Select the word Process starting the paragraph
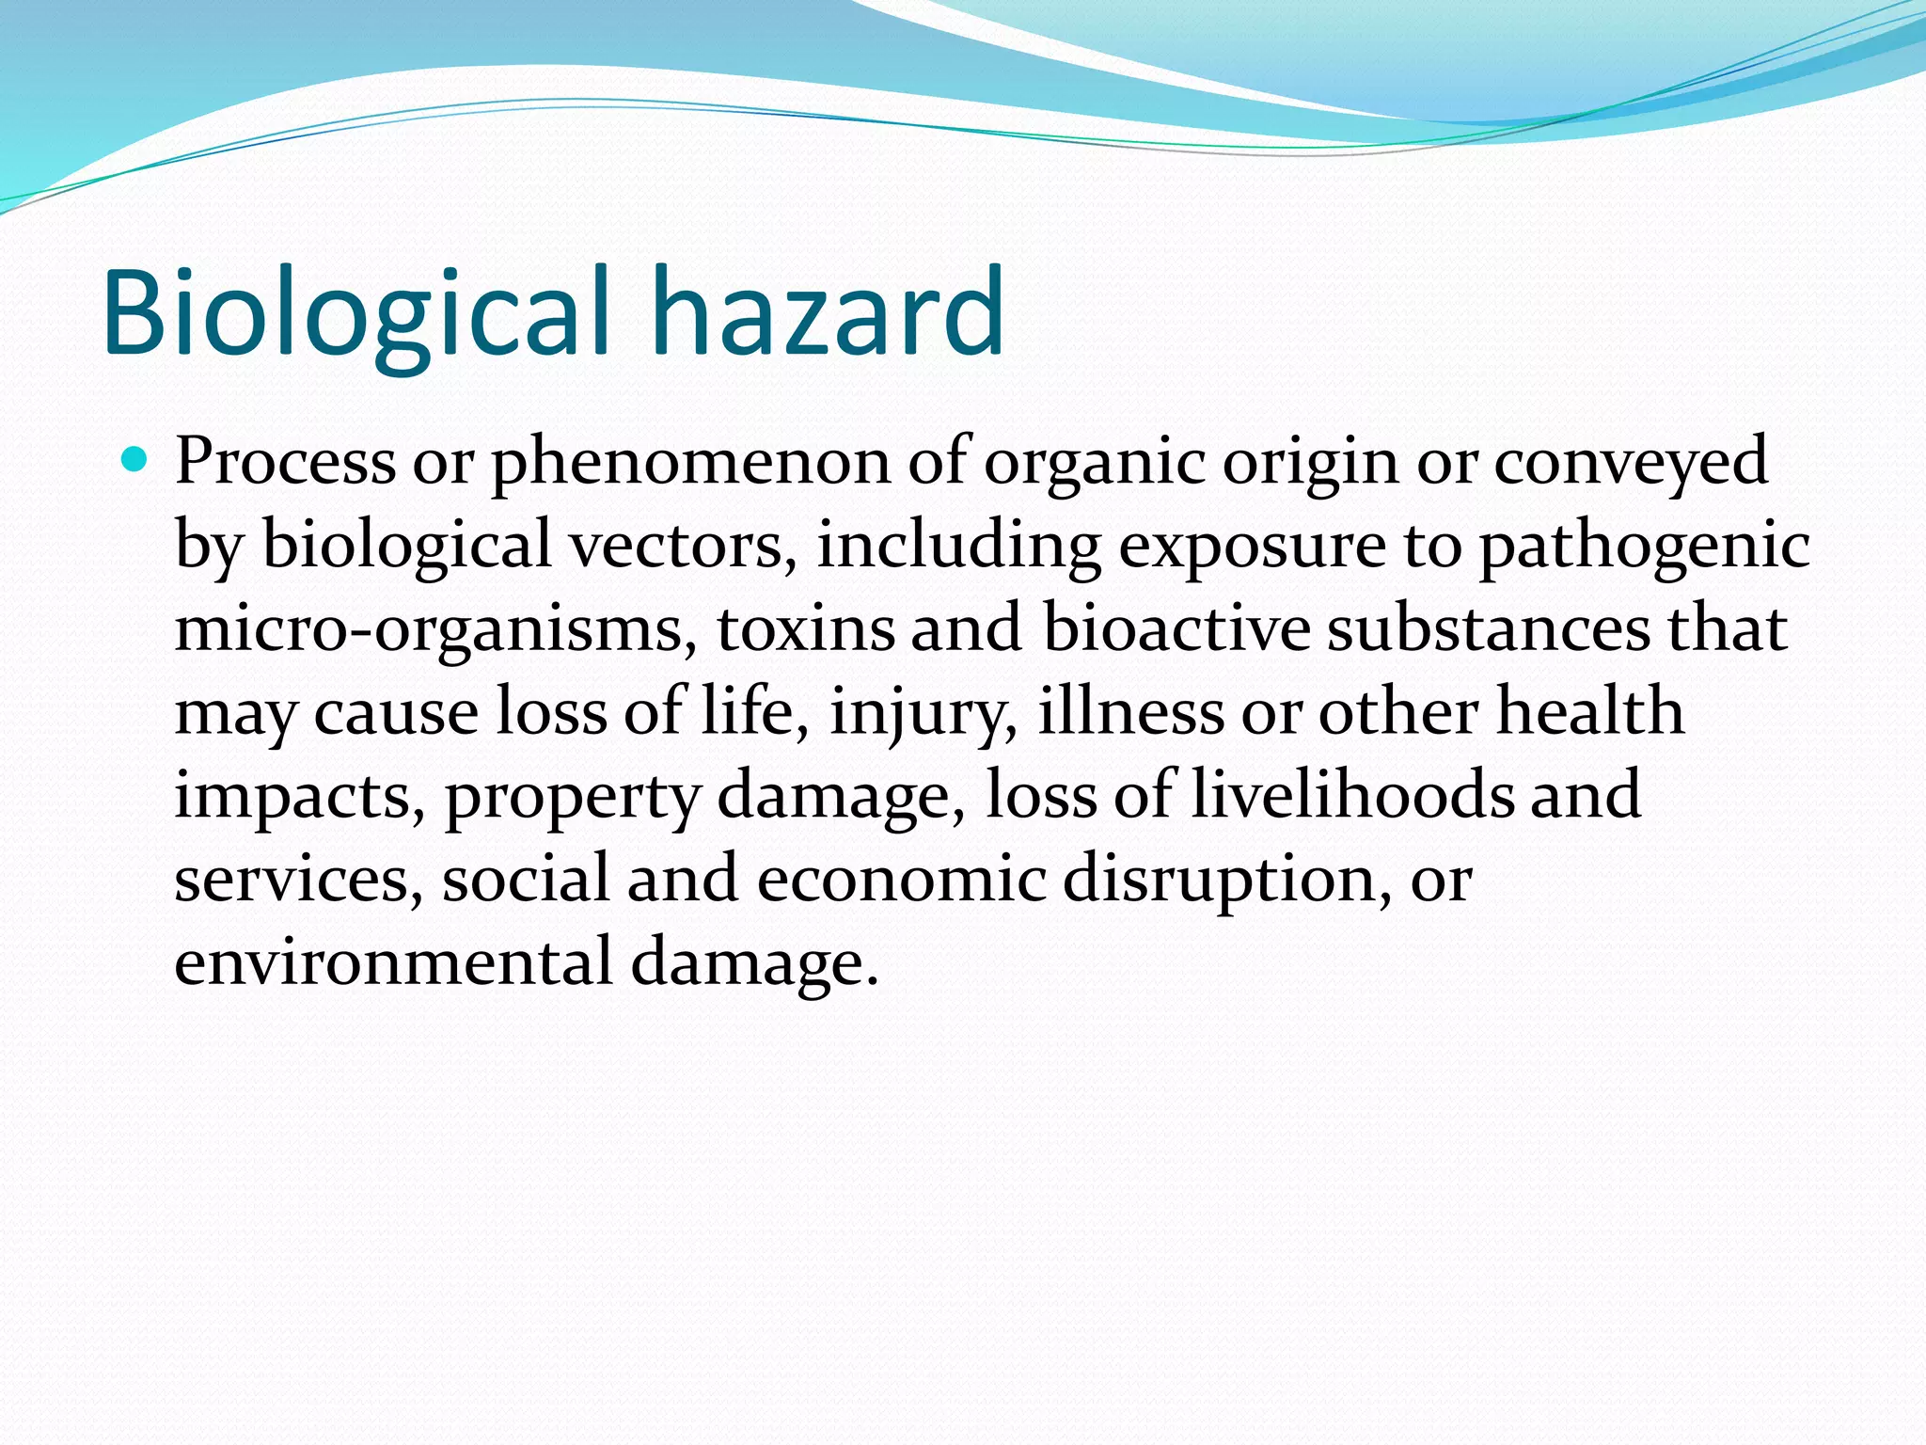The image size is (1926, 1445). [x=285, y=463]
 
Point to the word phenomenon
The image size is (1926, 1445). [x=690, y=463]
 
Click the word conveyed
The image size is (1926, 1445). [x=1631, y=463]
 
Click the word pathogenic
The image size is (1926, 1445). [x=1644, y=546]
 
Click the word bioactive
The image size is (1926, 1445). [x=1176, y=629]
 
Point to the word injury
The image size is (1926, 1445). [x=923, y=713]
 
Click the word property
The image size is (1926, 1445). [x=572, y=797]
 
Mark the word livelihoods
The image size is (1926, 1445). [x=1352, y=795]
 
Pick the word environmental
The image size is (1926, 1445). [x=393, y=962]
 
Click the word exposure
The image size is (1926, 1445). [x=1252, y=548]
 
